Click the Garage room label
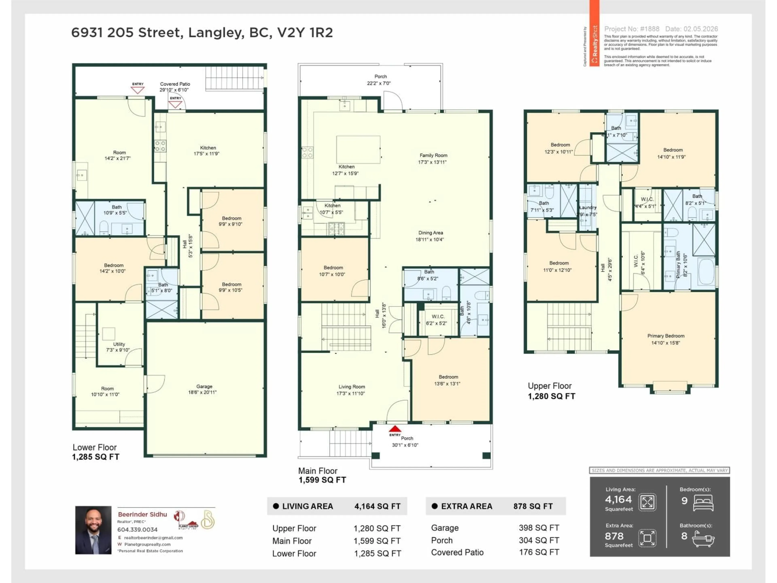tap(204, 386)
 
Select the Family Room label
tap(433, 155)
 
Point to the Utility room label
tap(119, 344)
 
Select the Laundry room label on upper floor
tap(588, 208)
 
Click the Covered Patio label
tap(175, 84)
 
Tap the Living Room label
tap(352, 387)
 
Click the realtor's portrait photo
tap(93, 530)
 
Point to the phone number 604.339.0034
tap(137, 530)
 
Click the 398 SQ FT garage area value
tap(539, 528)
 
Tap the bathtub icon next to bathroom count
tap(703, 538)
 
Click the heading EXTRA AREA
tap(466, 506)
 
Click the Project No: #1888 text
tap(632, 29)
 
